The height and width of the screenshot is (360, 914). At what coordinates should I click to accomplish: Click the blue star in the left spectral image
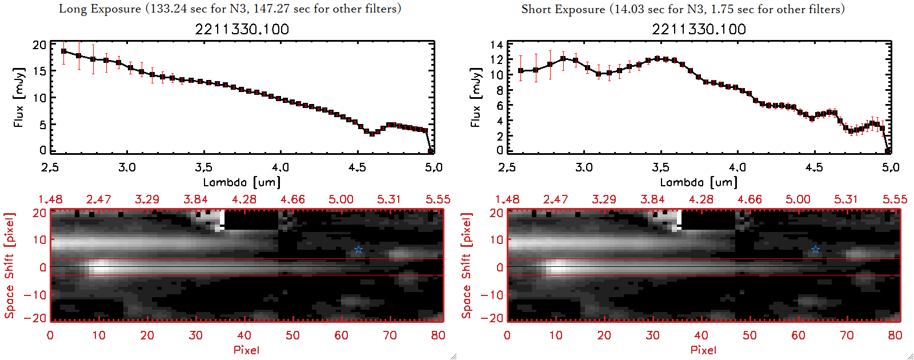[358, 249]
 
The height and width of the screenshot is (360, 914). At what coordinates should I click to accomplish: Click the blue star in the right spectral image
[815, 249]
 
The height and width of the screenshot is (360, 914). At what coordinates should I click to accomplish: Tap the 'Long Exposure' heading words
[100, 9]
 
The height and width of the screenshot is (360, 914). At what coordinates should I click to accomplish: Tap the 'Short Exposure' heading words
[563, 9]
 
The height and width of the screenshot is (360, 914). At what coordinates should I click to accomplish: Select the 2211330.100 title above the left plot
[242, 29]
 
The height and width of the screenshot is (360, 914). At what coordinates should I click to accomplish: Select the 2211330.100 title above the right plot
[699, 29]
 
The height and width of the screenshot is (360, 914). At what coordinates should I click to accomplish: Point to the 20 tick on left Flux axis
[39, 45]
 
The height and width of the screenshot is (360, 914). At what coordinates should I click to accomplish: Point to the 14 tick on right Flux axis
[496, 45]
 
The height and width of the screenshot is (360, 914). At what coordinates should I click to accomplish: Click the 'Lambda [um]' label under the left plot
[242, 182]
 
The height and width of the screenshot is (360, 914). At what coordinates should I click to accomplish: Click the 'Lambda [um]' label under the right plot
[699, 182]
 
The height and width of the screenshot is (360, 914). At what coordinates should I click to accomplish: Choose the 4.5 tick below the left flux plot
[357, 167]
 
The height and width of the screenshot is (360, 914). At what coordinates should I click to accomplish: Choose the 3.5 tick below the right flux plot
[660, 167]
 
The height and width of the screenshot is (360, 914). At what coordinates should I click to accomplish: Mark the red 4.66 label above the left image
[292, 199]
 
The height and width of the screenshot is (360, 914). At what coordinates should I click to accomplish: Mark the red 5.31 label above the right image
[846, 199]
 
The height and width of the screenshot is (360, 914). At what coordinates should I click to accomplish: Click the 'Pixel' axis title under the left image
[246, 350]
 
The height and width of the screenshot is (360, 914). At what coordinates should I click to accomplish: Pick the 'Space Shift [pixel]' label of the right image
[467, 266]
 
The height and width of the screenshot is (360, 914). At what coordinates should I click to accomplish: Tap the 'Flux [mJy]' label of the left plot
[19, 97]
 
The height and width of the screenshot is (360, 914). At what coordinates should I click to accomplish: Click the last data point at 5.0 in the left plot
[431, 151]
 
